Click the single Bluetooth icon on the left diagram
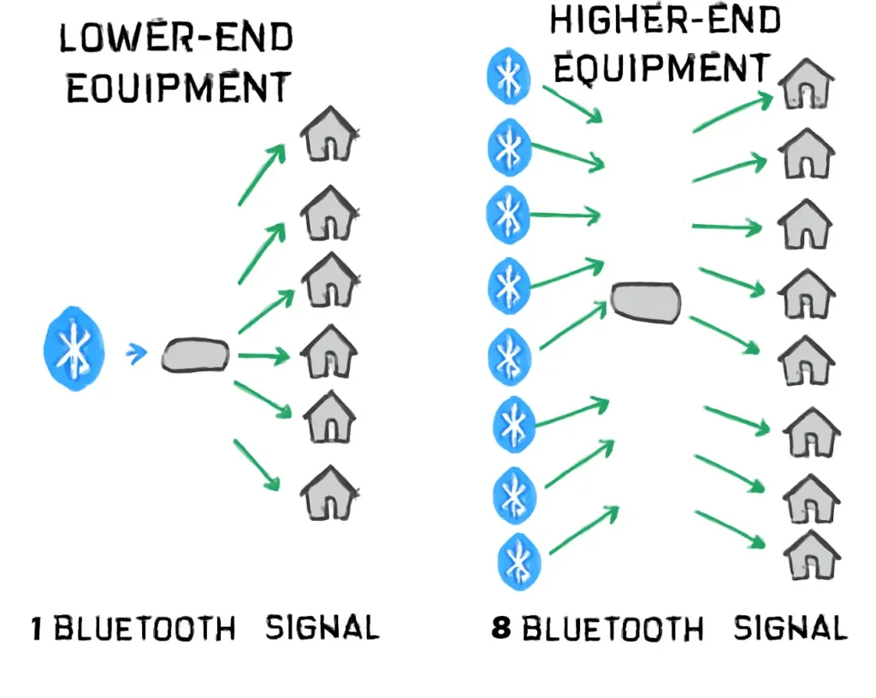pyautogui.click(x=74, y=352)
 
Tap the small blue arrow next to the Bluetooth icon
pyautogui.click(x=135, y=352)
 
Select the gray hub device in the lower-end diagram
pyautogui.click(x=196, y=355)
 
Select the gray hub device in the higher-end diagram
pyautogui.click(x=647, y=303)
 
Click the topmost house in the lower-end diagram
pyautogui.click(x=328, y=135)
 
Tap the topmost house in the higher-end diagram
pyautogui.click(x=806, y=84)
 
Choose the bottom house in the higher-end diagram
pyautogui.click(x=811, y=555)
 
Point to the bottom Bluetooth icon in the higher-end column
pyautogui.click(x=518, y=559)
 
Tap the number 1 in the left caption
pyautogui.click(x=37, y=630)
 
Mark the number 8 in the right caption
pyautogui.click(x=502, y=630)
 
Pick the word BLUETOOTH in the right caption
pyautogui.click(x=613, y=630)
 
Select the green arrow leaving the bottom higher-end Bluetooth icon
pyautogui.click(x=583, y=529)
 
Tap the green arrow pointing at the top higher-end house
pyautogui.click(x=732, y=114)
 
